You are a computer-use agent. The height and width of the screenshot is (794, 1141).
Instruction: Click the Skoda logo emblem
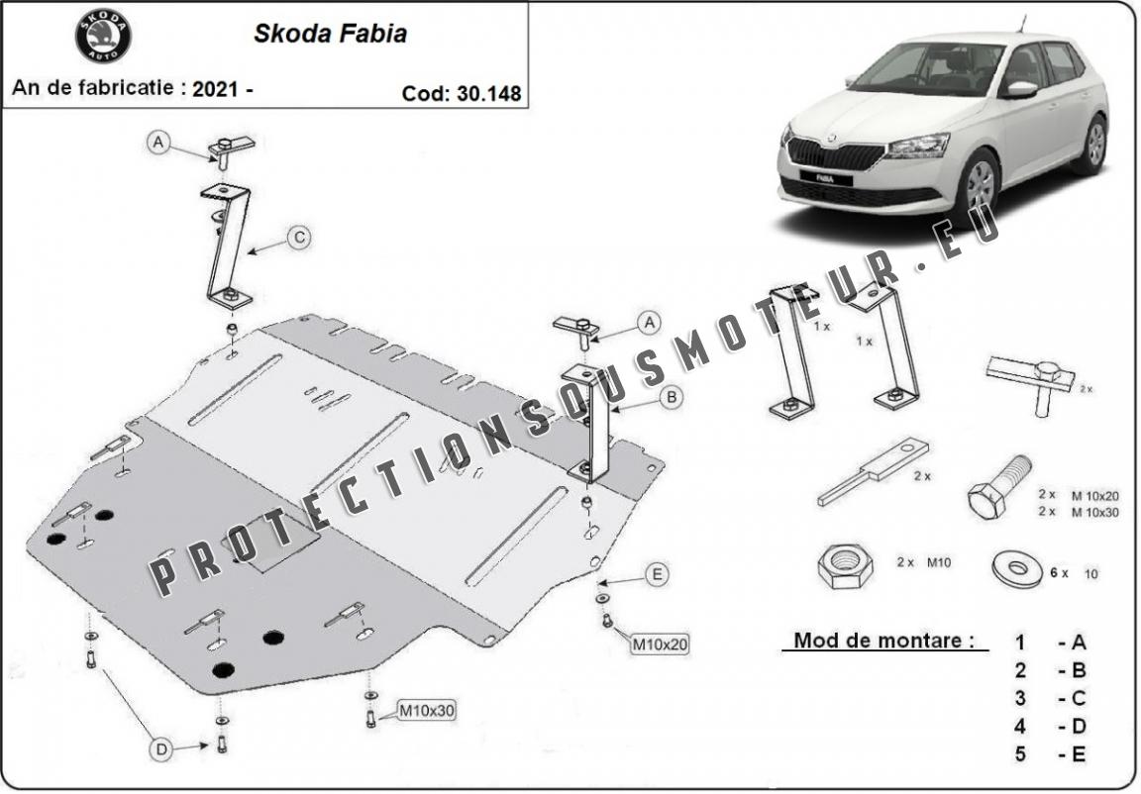[103, 37]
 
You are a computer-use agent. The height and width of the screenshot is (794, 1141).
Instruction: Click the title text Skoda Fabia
[330, 34]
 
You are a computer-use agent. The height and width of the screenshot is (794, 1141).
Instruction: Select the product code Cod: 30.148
[462, 93]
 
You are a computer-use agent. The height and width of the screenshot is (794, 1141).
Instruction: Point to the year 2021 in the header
[215, 89]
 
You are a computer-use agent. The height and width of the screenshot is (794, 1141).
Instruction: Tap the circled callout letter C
[299, 237]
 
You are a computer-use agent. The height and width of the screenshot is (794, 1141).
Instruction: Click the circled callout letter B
[672, 397]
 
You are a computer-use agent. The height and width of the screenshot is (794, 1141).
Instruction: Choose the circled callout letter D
[161, 748]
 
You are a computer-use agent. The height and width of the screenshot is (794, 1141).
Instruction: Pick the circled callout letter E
[657, 574]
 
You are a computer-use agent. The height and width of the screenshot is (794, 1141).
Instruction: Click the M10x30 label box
[427, 711]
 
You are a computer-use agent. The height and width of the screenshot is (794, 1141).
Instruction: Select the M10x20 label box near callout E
[660, 644]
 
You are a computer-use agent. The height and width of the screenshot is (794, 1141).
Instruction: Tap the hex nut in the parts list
[846, 565]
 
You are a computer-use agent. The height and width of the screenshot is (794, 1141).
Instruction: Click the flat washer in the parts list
[1017, 569]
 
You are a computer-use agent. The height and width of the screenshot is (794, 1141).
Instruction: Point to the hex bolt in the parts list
[999, 487]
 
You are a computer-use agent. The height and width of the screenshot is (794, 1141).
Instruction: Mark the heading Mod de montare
[883, 641]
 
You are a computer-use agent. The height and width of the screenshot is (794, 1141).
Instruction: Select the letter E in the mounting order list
[1079, 754]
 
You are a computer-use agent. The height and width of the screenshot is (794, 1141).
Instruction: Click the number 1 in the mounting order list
[1021, 643]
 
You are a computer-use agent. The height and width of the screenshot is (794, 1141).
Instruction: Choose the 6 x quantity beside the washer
[1059, 573]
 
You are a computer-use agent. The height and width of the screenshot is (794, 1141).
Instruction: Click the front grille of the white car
[835, 154]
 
